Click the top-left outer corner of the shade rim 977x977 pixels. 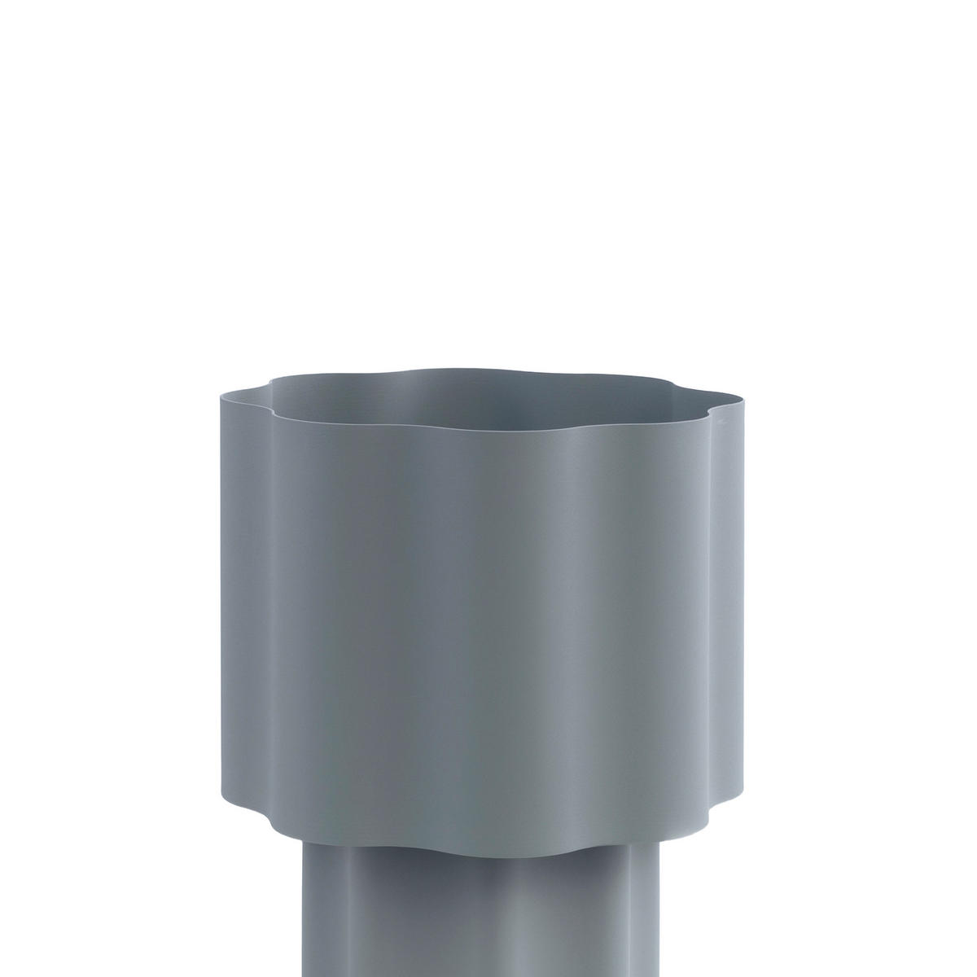[x=221, y=396]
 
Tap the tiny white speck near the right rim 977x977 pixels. [x=717, y=422]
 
